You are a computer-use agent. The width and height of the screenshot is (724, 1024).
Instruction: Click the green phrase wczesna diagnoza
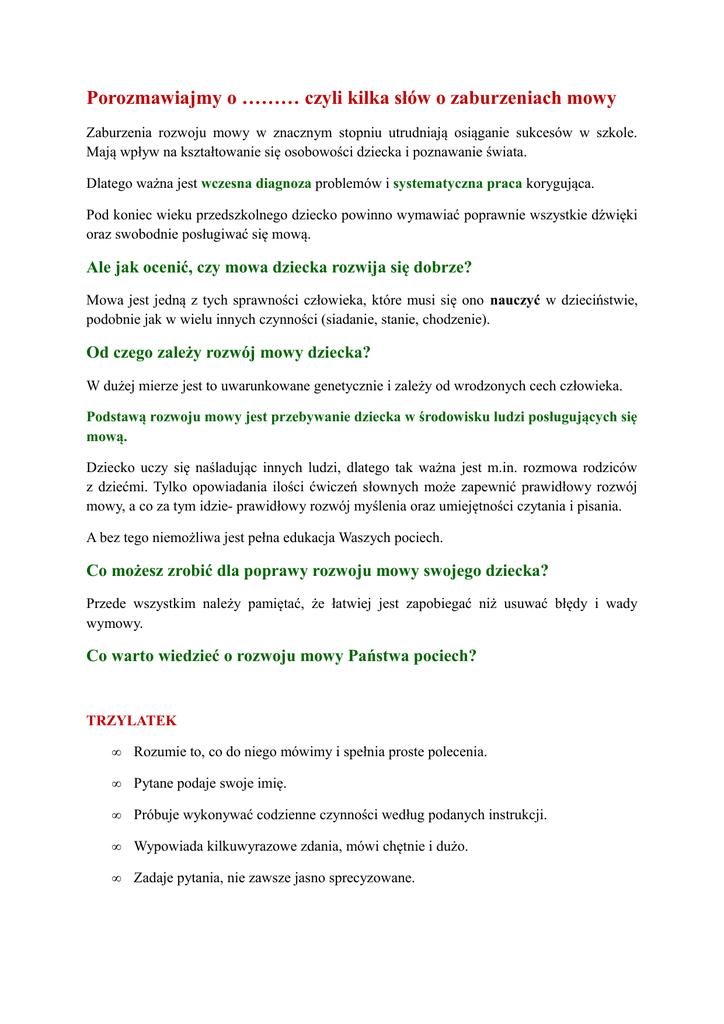(x=256, y=184)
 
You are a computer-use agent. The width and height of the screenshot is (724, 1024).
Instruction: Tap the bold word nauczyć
(x=515, y=300)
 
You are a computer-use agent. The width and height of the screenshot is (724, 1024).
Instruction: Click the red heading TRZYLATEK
(x=131, y=720)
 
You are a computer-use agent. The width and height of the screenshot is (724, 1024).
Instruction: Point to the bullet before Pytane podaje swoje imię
(x=116, y=784)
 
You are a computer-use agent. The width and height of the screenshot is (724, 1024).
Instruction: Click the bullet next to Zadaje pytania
(x=116, y=879)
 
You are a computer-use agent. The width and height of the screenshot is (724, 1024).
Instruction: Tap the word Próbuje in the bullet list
(x=157, y=815)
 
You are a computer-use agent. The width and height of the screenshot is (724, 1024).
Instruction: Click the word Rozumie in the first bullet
(x=159, y=752)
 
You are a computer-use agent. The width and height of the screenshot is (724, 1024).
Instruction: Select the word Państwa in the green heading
(x=381, y=656)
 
